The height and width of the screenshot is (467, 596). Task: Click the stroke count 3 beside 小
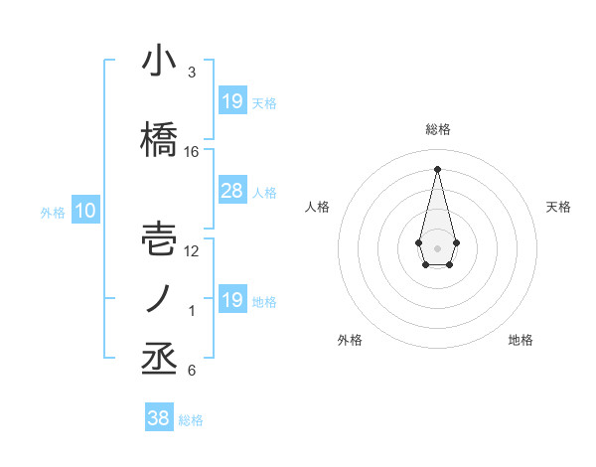(x=191, y=73)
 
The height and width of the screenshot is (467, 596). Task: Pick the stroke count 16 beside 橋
(x=192, y=152)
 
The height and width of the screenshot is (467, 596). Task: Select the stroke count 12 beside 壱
(x=192, y=251)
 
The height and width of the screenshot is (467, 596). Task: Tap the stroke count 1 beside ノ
(x=191, y=311)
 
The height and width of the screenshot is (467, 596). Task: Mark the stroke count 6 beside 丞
(x=191, y=371)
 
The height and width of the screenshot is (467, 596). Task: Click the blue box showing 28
(x=231, y=191)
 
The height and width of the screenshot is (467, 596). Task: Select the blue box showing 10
(x=84, y=211)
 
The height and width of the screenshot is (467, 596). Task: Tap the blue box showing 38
(x=159, y=418)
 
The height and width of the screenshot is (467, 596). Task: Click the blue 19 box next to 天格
(x=231, y=101)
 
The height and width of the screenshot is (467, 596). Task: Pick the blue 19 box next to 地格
(x=231, y=300)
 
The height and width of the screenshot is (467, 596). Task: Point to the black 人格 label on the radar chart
(x=318, y=207)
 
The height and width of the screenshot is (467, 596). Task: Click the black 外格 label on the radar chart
(x=350, y=340)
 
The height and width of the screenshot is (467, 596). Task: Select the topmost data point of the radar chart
(x=437, y=168)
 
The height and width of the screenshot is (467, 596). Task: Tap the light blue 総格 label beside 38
(x=191, y=420)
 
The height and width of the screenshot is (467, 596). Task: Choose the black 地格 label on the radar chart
(x=521, y=340)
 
